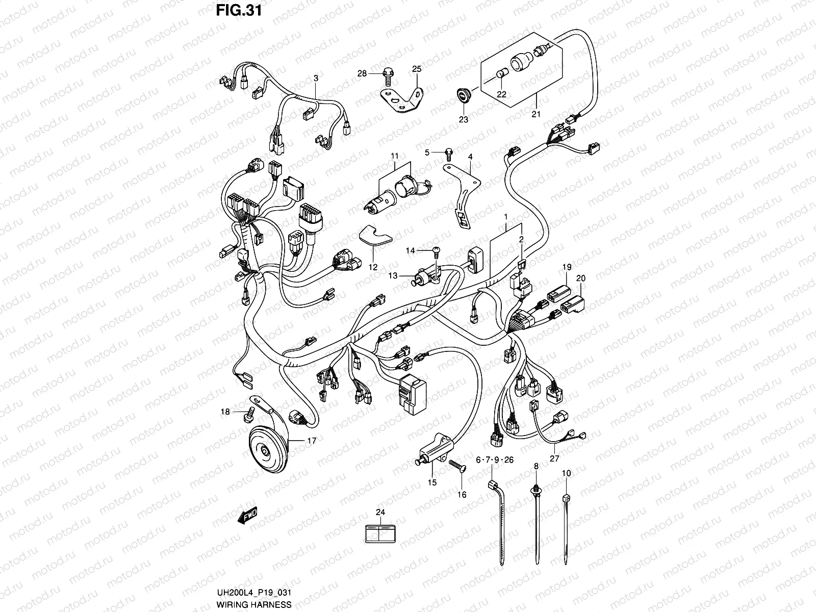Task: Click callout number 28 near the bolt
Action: (362, 74)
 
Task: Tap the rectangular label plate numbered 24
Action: (381, 533)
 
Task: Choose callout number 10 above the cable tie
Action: (566, 474)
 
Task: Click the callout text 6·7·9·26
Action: (494, 460)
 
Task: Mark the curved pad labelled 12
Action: (374, 237)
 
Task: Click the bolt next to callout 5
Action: (449, 152)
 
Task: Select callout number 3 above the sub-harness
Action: (316, 78)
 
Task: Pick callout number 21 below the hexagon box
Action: (535, 114)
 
